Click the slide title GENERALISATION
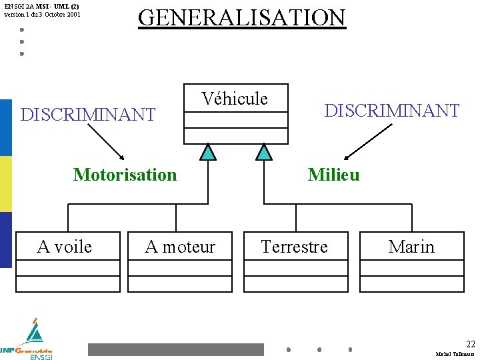241,17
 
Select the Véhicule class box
236,113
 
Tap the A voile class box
67,261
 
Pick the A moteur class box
180,261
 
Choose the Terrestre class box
295,261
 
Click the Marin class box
411,261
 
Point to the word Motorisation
125,175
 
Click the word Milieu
333,175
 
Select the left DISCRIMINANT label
88,115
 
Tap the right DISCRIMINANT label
391,110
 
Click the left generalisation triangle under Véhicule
209,153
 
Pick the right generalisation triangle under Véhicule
265,153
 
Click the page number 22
470,344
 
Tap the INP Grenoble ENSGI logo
28,340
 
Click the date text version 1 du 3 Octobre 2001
41,13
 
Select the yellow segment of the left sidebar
6,184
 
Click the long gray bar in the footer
176,349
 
